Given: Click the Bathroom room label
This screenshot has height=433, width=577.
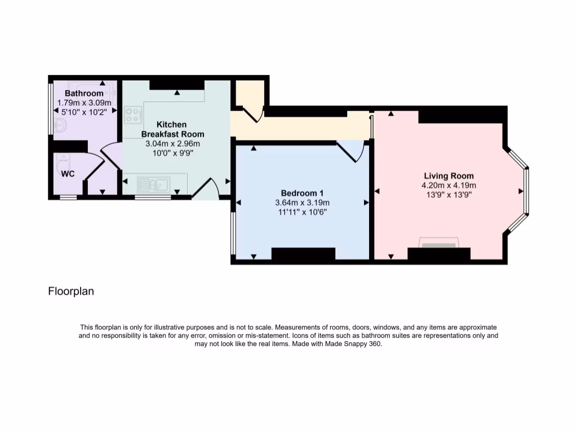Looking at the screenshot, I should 84,93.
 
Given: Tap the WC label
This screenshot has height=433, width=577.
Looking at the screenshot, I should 68,174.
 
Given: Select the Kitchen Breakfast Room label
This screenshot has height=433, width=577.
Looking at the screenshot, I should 172,129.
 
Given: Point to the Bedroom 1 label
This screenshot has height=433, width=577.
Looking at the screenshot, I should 302,193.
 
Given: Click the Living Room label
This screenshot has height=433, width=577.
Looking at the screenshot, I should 449,176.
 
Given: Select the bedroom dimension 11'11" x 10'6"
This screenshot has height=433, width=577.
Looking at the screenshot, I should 302,212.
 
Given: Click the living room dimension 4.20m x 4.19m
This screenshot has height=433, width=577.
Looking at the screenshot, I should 449,185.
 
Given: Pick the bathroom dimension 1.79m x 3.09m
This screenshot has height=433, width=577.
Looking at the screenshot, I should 85,103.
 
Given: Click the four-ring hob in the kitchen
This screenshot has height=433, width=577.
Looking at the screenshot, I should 134,116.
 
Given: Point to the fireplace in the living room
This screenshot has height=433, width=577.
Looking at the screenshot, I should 439,243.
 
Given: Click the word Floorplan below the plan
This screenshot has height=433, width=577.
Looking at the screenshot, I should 71,291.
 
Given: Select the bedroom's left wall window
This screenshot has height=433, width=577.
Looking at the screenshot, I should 233,233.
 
